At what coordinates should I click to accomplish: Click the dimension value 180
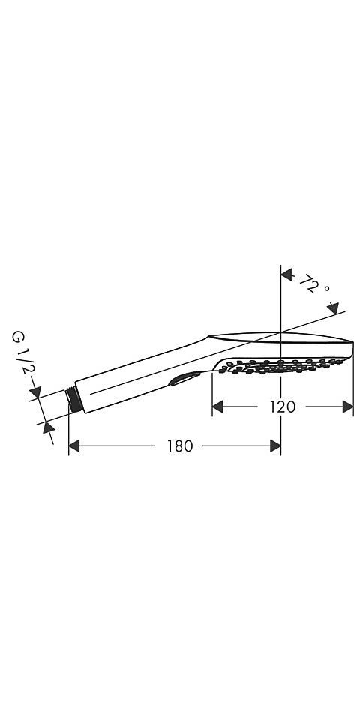[x=179, y=446]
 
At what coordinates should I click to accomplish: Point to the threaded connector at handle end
[x=73, y=397]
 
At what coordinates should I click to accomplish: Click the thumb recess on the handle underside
[x=184, y=379]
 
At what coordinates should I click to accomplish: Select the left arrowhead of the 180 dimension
[x=74, y=446]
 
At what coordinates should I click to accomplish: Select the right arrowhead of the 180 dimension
[x=274, y=446]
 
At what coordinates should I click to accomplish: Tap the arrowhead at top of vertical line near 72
[x=286, y=275]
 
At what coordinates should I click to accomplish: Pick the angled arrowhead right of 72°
[x=333, y=308]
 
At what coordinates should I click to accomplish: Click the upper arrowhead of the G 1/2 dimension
[x=34, y=391]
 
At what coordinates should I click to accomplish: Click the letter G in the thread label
[x=16, y=337]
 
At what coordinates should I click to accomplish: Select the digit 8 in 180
[x=179, y=446]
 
